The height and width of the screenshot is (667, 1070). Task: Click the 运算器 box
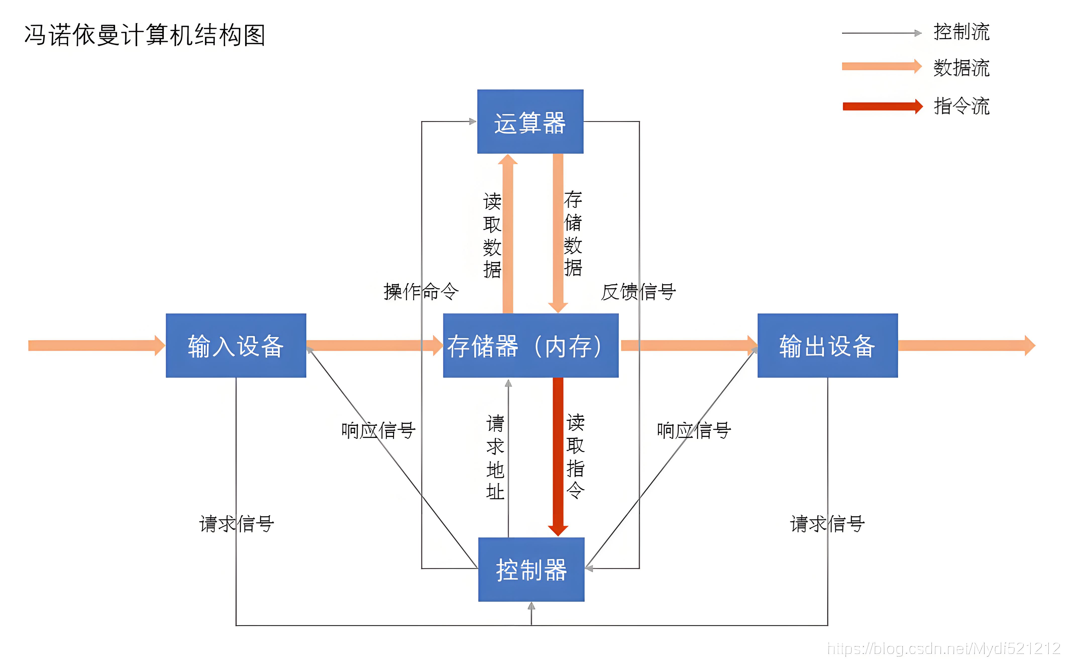[530, 122]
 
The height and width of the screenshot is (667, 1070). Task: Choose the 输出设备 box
[827, 345]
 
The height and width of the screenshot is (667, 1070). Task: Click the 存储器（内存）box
[530, 345]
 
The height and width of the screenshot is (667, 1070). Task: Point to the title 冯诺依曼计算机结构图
[145, 35]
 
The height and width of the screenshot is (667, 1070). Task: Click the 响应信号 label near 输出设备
[694, 430]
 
